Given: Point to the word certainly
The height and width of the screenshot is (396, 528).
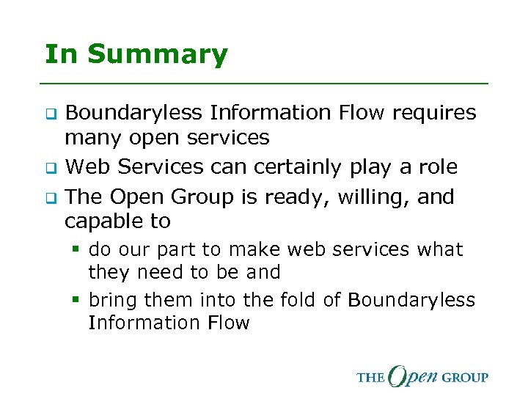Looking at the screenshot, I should (297, 167).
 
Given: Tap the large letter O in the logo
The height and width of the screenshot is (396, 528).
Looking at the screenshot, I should (400, 376).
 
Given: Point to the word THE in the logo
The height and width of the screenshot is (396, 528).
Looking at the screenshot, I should (370, 378).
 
